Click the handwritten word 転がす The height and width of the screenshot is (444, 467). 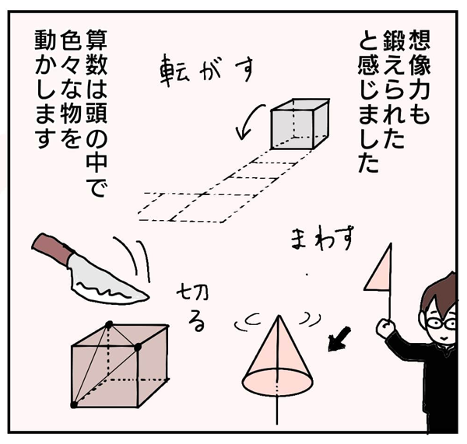(x=207, y=71)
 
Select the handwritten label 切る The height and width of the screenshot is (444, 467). (x=192, y=309)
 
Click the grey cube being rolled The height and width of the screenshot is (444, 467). (x=300, y=124)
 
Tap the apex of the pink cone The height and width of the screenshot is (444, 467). (x=279, y=316)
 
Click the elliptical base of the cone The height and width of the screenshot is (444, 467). (x=278, y=382)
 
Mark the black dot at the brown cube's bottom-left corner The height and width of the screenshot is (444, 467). (x=74, y=404)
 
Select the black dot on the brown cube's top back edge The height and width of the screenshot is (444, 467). (x=109, y=324)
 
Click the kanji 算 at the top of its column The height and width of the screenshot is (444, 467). (x=97, y=40)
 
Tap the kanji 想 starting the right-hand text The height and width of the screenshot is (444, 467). (x=419, y=40)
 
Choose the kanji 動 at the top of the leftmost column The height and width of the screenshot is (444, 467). (x=45, y=40)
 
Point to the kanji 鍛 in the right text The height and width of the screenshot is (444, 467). (x=394, y=40)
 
